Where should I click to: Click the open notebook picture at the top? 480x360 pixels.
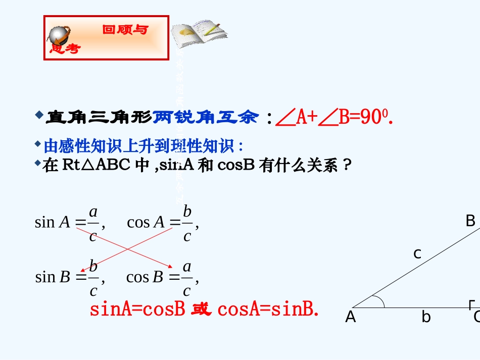click(x=198, y=34)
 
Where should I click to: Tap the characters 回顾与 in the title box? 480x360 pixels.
click(x=125, y=30)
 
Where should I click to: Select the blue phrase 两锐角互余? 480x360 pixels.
click(x=206, y=118)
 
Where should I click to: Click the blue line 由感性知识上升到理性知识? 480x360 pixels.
click(x=143, y=146)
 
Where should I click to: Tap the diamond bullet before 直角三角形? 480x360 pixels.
click(x=39, y=116)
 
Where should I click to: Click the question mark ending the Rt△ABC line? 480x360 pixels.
click(x=346, y=165)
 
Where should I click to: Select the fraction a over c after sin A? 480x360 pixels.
click(x=93, y=223)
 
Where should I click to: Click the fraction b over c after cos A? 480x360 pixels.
click(x=187, y=223)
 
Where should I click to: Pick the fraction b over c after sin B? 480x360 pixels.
click(x=93, y=278)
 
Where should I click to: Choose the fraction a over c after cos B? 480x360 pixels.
click(x=187, y=278)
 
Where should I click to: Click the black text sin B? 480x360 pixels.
click(x=53, y=277)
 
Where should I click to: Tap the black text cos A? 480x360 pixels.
click(x=146, y=222)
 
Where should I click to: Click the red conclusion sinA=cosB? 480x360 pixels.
click(x=137, y=309)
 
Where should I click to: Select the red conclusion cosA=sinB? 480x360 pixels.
click(x=268, y=309)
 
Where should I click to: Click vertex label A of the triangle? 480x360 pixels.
click(x=350, y=318)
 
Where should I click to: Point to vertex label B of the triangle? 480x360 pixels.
click(x=470, y=221)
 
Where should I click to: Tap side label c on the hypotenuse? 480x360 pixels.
click(x=417, y=254)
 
